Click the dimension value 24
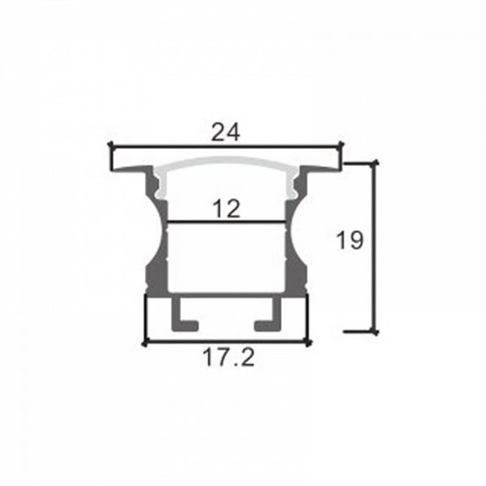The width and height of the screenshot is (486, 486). [226, 132]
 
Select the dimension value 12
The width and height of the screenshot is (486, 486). [228, 209]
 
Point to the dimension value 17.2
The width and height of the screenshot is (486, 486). [227, 357]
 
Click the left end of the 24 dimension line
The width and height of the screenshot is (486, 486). [111, 147]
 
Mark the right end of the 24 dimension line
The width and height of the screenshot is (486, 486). [343, 147]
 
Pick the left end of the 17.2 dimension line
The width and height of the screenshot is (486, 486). [144, 343]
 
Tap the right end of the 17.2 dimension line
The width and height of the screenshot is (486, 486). [309, 343]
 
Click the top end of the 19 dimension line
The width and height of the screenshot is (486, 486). [375, 163]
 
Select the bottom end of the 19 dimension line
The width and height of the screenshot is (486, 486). [375, 330]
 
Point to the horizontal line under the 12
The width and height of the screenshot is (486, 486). [227, 222]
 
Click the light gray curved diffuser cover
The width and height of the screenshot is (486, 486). [227, 163]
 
